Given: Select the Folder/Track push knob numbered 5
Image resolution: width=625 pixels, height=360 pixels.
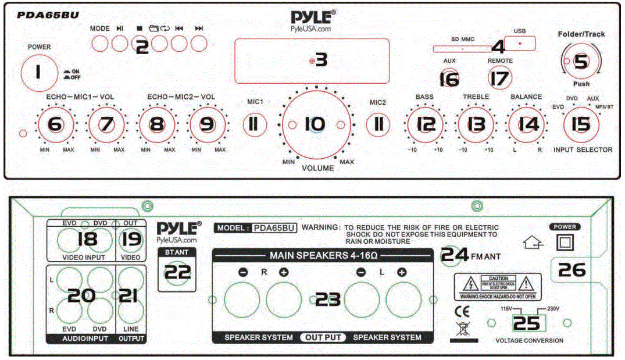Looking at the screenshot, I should (x=580, y=62).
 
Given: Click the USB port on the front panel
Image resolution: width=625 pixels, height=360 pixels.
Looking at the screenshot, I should (x=519, y=44).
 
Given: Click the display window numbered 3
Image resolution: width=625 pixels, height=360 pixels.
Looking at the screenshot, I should (x=312, y=60).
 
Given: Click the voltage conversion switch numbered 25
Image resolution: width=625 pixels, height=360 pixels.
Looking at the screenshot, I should (x=526, y=323).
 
